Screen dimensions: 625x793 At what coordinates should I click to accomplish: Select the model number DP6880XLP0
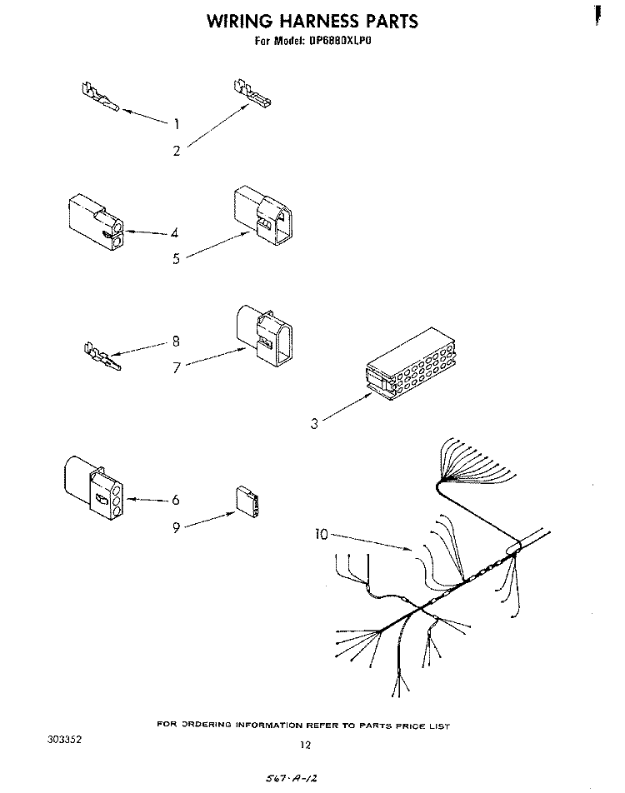pos(337,41)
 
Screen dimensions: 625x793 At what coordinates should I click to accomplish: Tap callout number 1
pos(176,123)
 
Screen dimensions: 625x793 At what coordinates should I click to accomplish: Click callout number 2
pos(176,151)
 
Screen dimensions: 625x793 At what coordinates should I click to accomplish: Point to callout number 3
pos(314,423)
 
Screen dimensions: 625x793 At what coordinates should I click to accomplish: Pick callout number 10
pos(322,534)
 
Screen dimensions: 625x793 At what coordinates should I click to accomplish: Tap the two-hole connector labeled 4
pos(96,222)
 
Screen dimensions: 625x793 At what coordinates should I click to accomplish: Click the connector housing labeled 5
pos(263,215)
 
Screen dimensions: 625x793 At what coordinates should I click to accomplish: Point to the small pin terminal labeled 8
pos(102,357)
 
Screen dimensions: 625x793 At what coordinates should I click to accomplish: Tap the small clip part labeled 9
pos(247,501)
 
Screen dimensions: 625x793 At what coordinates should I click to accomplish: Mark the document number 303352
pos(65,740)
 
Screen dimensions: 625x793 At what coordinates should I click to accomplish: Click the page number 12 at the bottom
pos(305,745)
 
